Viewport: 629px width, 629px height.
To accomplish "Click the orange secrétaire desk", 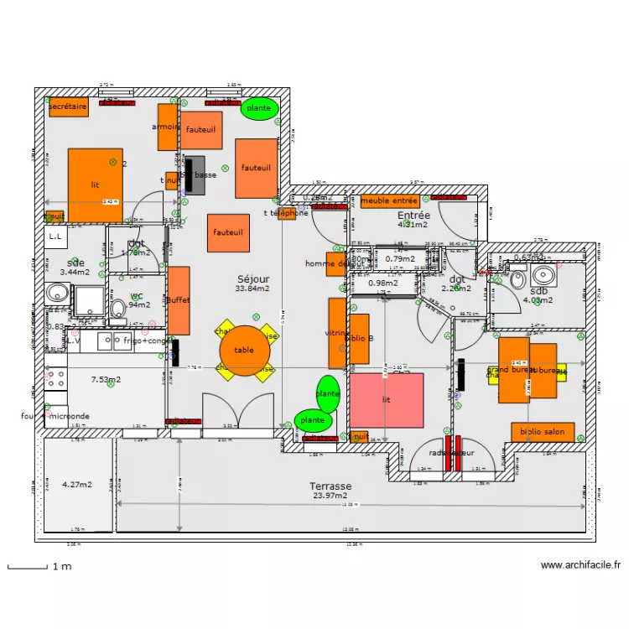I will [68, 107].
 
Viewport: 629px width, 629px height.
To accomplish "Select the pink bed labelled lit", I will [387, 400].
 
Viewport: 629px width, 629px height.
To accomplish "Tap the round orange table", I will [245, 351].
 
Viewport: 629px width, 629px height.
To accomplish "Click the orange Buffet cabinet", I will [179, 300].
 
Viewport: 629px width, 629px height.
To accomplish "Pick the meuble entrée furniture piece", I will [390, 201].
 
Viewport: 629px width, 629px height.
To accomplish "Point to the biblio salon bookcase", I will [543, 432].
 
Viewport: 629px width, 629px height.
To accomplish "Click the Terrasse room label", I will [330, 486].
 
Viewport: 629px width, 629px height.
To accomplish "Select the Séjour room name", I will [252, 278].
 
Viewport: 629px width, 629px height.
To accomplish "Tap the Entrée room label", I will [413, 216].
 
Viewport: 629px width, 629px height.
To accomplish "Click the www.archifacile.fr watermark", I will [580, 566].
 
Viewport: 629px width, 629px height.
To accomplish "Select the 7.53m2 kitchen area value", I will [106, 380].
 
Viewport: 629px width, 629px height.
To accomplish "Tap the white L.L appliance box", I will [56, 238].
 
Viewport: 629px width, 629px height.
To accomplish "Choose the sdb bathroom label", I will [538, 291].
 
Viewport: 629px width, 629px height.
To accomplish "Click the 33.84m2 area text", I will [252, 289].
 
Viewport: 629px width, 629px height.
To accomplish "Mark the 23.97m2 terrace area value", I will [330, 496].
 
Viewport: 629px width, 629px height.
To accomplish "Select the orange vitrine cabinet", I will [337, 333].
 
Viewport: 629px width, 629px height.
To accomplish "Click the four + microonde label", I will [55, 416].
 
